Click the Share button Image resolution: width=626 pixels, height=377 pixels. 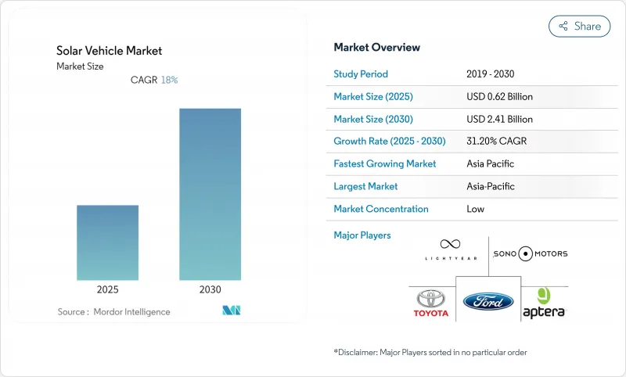[x=579, y=26]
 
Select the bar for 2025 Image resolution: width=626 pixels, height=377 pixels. [x=107, y=242]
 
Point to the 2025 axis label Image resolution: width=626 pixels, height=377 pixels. [x=107, y=289]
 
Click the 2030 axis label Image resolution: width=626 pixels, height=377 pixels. [x=210, y=289]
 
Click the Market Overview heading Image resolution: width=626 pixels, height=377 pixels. [x=376, y=47]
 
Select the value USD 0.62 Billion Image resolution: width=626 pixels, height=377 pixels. [x=498, y=97]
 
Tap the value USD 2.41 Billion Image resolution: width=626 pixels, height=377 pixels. [x=498, y=119]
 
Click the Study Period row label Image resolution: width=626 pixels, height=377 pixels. [x=361, y=74]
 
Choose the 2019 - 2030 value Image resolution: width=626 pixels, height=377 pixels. [x=490, y=74]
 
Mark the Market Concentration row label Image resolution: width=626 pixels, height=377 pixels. [x=381, y=209]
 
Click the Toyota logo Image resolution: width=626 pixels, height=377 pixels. [x=431, y=303]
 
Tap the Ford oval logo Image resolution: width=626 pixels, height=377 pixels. [x=488, y=301]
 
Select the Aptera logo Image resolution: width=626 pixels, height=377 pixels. [x=543, y=304]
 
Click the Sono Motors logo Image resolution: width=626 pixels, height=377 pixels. [x=531, y=253]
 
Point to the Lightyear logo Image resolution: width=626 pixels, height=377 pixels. [x=450, y=250]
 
